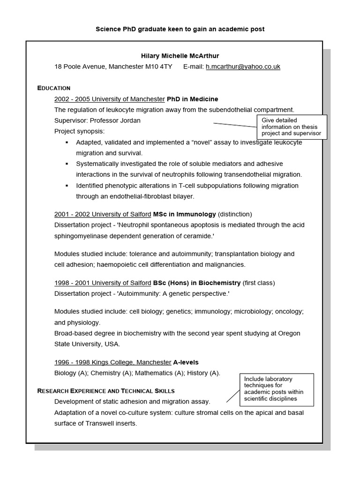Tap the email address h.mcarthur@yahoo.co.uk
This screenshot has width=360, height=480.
[x=243, y=67]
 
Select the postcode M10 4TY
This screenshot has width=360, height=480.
[x=158, y=67]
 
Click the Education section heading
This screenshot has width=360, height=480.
[x=54, y=88]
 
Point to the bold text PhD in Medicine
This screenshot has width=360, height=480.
[x=192, y=99]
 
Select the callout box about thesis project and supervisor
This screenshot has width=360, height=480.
[x=292, y=127]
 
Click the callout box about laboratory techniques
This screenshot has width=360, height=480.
[x=277, y=389]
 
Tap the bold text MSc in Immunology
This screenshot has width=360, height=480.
[x=184, y=214]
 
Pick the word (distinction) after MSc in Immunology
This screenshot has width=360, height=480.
[x=235, y=214]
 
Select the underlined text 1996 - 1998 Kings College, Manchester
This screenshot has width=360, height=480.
[x=112, y=362]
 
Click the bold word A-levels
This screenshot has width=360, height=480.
[x=186, y=362]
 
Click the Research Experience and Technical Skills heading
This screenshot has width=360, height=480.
[x=106, y=391]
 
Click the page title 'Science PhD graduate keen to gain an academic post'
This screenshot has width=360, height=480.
[x=180, y=29]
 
